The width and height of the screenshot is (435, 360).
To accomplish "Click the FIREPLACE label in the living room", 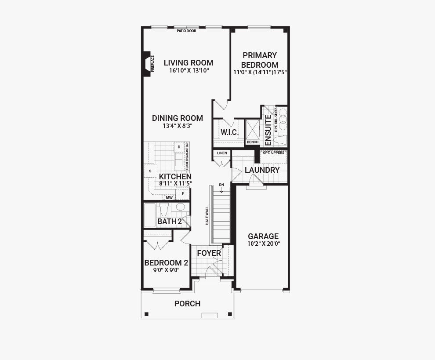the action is point(152,64).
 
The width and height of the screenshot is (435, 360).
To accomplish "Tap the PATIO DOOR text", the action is point(186,31).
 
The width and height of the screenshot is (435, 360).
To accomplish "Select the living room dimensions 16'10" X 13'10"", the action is point(189,70).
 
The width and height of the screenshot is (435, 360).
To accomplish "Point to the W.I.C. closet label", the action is point(230,132).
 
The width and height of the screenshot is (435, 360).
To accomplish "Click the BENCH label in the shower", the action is point(253,142).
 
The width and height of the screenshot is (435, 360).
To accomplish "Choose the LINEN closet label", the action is point(222,153).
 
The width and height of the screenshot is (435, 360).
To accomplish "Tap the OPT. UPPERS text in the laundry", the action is point(274,153).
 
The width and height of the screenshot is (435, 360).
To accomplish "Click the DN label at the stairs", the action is point(221,185).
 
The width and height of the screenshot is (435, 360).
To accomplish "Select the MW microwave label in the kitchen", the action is point(169,198).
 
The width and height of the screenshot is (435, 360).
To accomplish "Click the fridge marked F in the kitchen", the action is point(183,193).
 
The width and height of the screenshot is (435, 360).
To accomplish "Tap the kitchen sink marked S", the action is point(150,171).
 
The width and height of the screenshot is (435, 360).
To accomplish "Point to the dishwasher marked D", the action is point(179,147).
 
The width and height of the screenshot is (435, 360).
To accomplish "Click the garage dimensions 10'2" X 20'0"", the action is point(264,244).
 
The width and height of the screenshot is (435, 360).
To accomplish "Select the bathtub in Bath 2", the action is point(150,215).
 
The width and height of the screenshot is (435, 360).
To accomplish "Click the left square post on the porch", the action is point(146,314).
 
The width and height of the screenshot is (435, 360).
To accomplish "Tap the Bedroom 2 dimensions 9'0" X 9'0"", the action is point(167,270).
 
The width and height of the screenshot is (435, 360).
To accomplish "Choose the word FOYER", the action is point(209,253).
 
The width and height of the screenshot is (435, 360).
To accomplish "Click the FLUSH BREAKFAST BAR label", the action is point(187,156).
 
